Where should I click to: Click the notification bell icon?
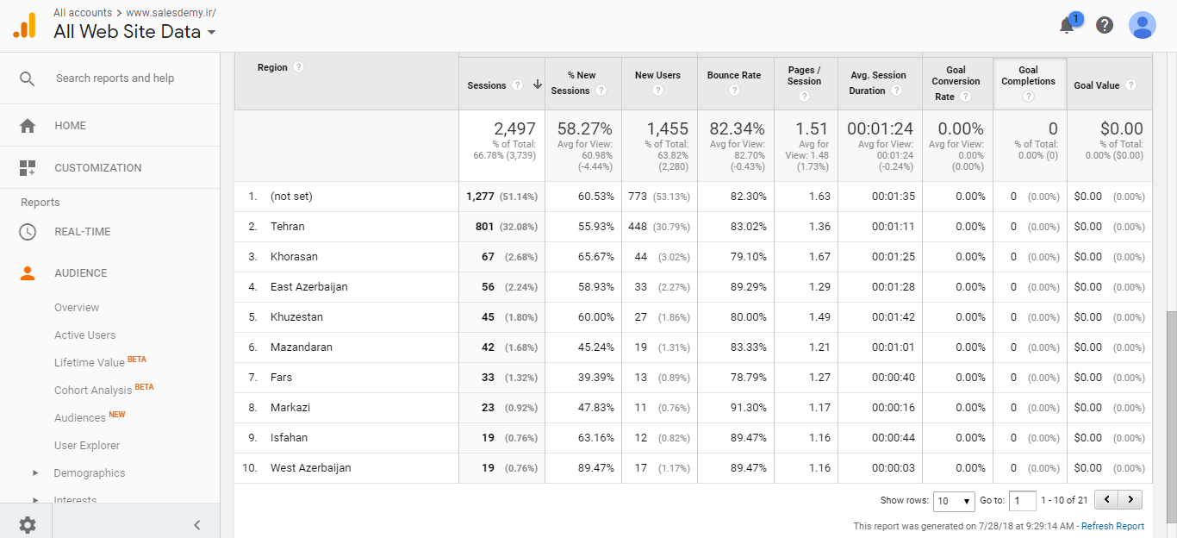pyautogui.click(x=1067, y=26)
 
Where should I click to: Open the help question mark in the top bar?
pyautogui.click(x=1105, y=25)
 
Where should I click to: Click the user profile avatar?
pyautogui.click(x=1142, y=25)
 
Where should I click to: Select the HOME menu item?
pyautogui.click(x=70, y=126)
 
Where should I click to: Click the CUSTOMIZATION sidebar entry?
pyautogui.click(x=97, y=168)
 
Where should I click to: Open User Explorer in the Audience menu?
pyautogui.click(x=87, y=446)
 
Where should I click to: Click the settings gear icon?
pyautogui.click(x=28, y=524)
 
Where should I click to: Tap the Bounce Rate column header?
pyautogui.click(x=733, y=76)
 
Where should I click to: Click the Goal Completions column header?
pyautogui.click(x=1028, y=76)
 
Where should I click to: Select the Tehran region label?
pyautogui.click(x=287, y=227)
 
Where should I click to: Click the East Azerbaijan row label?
pyautogui.click(x=308, y=287)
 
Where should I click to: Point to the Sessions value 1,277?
pyautogui.click(x=480, y=197)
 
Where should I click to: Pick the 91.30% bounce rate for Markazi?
pyautogui.click(x=747, y=408)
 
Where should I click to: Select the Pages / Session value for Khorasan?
pyautogui.click(x=819, y=257)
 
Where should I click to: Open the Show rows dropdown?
pyautogui.click(x=954, y=501)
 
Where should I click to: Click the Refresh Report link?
pyautogui.click(x=1112, y=526)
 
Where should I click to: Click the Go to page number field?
pyautogui.click(x=1023, y=501)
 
